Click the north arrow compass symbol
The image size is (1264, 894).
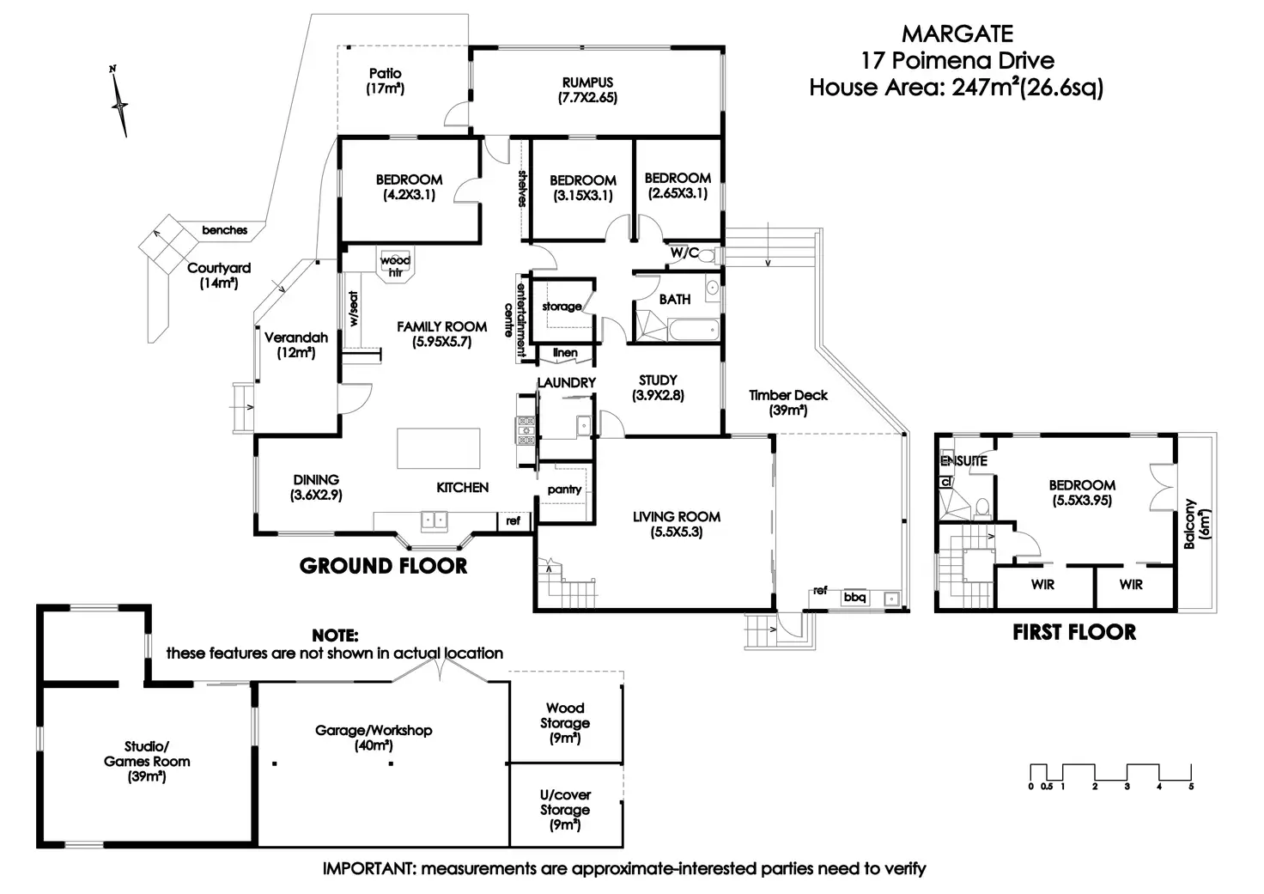120,103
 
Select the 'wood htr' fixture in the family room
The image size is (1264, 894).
395,265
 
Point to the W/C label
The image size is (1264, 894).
684,253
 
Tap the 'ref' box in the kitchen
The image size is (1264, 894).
513,520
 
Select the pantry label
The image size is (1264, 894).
564,490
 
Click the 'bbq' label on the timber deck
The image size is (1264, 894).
854,597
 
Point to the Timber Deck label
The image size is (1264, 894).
787,395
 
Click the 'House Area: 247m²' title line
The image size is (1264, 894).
956,87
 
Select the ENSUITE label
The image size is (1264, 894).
963,461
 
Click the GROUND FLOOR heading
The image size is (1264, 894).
383,565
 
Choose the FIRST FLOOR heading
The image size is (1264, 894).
1073,633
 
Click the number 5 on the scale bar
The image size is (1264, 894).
1191,787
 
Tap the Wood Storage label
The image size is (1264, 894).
565,715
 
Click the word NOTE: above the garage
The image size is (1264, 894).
335,636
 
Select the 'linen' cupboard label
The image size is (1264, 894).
565,353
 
